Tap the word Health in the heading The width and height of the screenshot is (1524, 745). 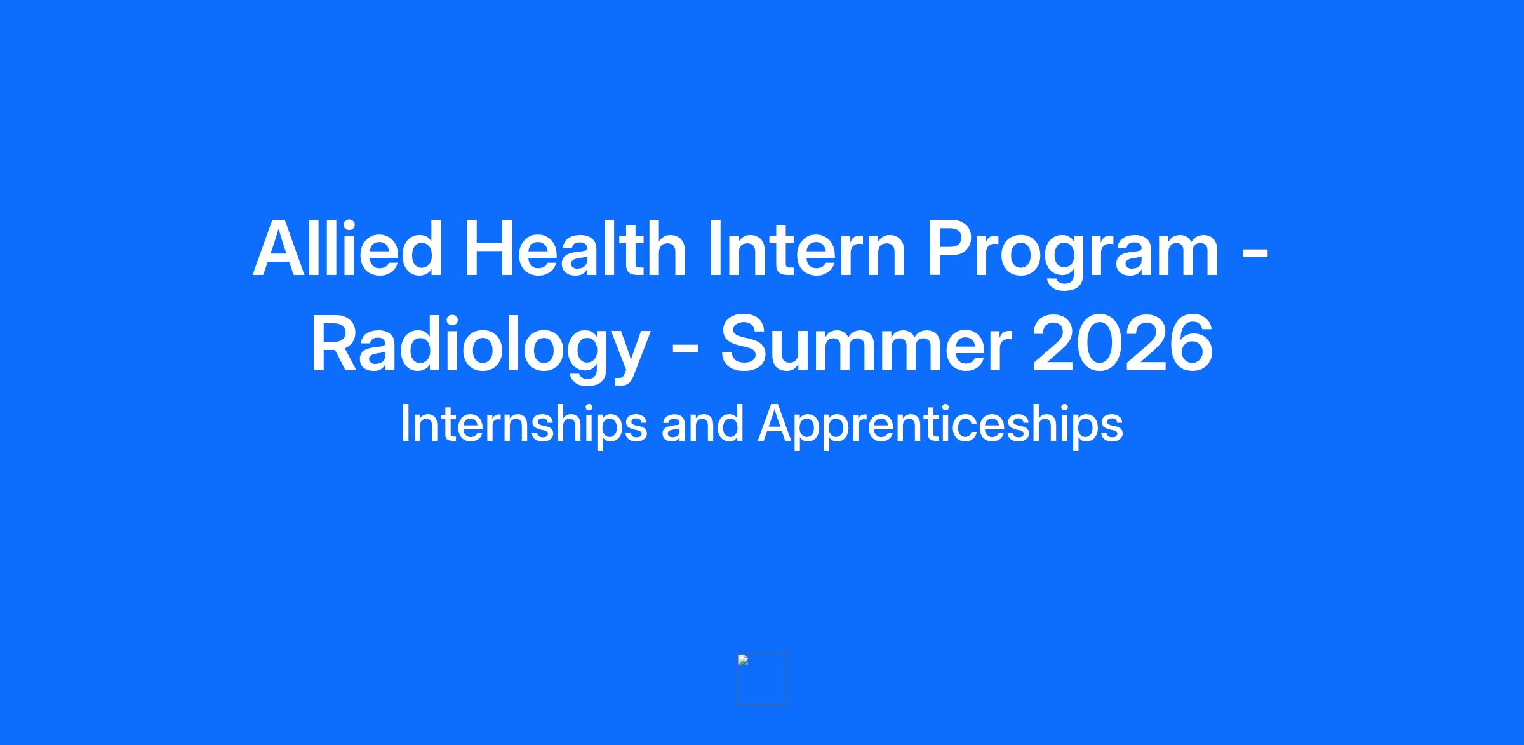pyautogui.click(x=575, y=248)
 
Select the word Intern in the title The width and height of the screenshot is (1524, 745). pyautogui.click(x=806, y=248)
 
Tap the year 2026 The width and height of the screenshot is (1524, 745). pyautogui.click(x=1123, y=343)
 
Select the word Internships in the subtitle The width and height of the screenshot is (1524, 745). pyautogui.click(x=524, y=425)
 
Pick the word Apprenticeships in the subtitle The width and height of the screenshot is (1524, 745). pyautogui.click(x=940, y=425)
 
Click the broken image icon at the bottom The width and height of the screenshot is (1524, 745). pyautogui.click(x=762, y=679)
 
